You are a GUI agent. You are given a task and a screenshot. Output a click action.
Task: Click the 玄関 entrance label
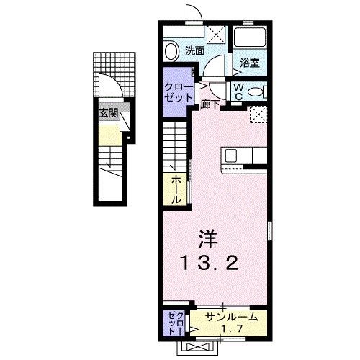pos(109,112)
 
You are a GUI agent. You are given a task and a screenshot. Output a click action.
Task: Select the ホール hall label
pos(175,189)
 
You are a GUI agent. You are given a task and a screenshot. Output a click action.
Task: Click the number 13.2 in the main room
pos(209,264)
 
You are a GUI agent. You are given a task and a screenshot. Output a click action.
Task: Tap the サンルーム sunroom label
pos(229,318)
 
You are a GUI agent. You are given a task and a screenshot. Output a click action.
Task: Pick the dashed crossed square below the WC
pos(258,114)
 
